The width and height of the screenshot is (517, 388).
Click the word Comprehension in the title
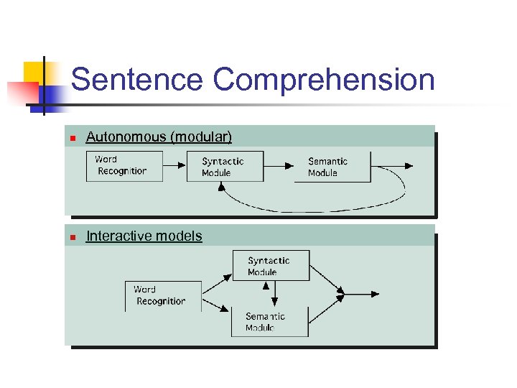point(324,80)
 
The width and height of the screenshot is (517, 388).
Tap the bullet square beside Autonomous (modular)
point(71,138)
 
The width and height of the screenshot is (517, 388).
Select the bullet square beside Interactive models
point(71,237)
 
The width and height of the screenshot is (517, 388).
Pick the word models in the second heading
point(178,236)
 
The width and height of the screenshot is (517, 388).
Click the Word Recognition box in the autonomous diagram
point(124,166)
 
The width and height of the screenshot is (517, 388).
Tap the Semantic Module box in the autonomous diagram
point(332,167)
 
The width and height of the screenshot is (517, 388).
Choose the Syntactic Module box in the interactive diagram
point(271,265)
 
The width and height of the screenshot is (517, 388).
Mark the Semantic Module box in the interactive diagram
point(269,322)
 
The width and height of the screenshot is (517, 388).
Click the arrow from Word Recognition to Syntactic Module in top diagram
point(174,167)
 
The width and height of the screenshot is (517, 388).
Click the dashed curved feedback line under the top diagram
point(316,209)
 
